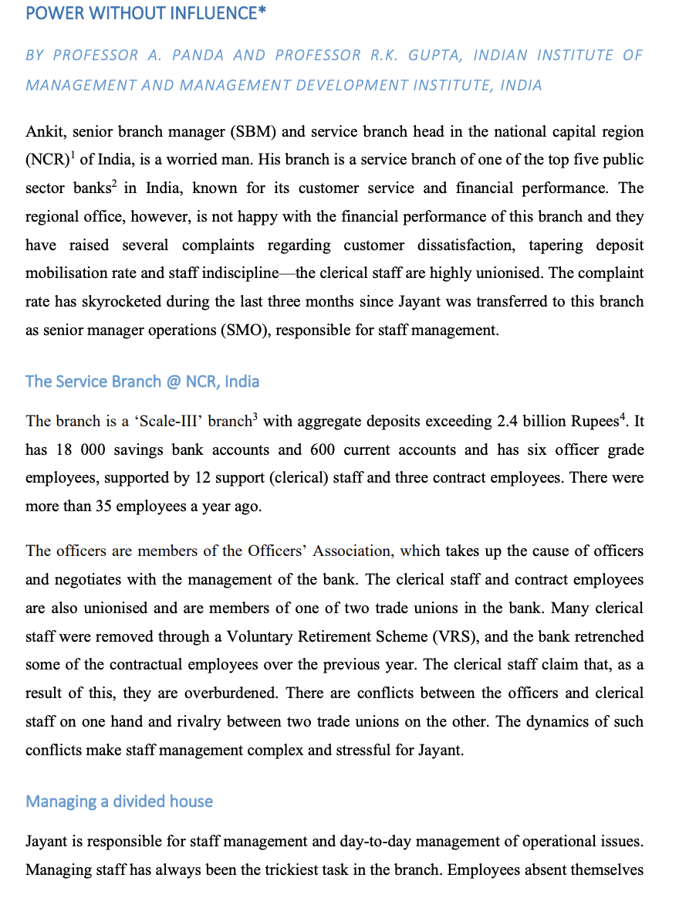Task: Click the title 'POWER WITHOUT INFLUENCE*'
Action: click(141, 13)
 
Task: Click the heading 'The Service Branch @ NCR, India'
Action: click(142, 381)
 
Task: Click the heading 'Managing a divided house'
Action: click(119, 802)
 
